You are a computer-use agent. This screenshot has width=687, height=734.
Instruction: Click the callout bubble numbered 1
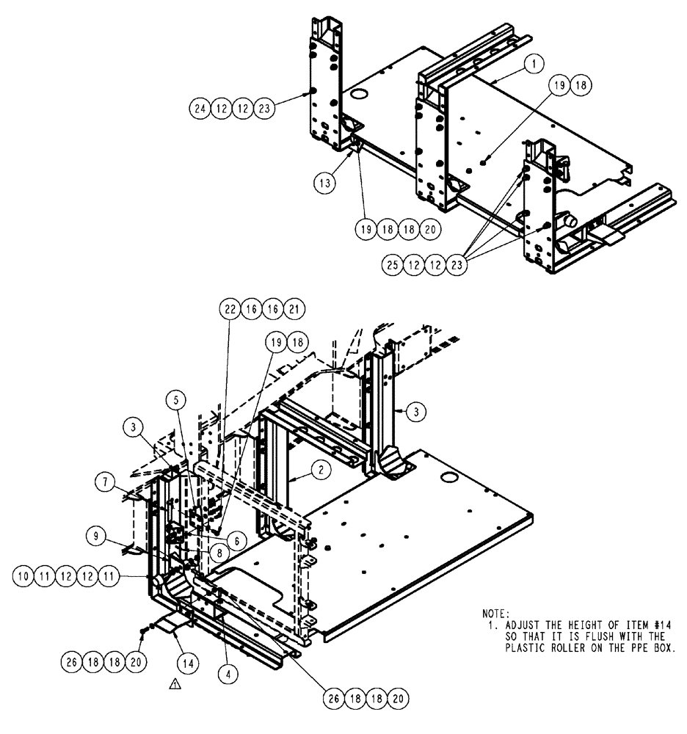(534, 65)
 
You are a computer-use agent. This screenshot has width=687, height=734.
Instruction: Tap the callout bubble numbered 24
(200, 109)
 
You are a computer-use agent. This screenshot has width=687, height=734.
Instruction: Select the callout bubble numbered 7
(104, 482)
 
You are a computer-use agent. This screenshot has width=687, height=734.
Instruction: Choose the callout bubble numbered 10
(23, 578)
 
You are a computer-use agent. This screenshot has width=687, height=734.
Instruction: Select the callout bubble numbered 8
(219, 549)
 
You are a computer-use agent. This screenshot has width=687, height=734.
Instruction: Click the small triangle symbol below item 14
(175, 684)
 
